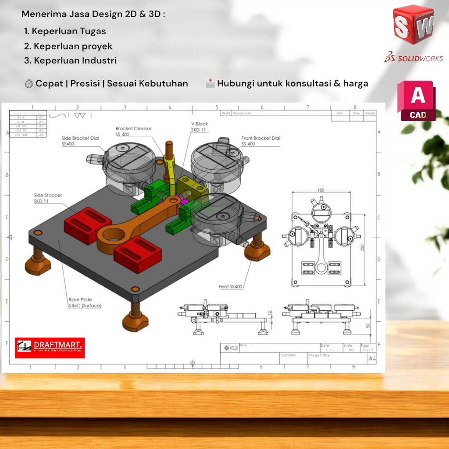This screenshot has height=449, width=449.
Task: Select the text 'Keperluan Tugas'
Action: (x=69, y=32)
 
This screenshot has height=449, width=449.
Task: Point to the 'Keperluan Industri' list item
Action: (x=75, y=61)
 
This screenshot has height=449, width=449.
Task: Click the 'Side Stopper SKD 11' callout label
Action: (x=48, y=198)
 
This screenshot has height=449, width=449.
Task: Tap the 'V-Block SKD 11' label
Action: (x=200, y=127)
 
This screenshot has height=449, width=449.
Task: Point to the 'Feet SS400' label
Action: (x=231, y=287)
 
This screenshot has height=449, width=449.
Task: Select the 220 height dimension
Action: (x=362, y=248)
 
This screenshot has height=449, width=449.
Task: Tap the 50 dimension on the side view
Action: (x=368, y=325)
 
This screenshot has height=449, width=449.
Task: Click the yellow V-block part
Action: (x=191, y=185)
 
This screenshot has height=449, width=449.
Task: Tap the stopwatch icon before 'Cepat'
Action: (x=29, y=84)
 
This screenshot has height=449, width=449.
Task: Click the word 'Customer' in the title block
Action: (x=288, y=355)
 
